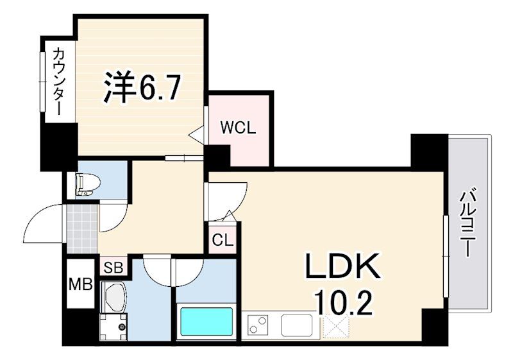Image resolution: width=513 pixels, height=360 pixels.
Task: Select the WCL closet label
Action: [238, 127]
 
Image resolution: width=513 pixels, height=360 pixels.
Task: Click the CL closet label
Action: [222, 241]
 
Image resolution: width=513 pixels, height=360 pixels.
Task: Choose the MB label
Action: [81, 282]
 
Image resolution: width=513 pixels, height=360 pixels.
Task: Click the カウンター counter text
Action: [58, 81]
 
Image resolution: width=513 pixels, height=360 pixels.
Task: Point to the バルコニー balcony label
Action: [467, 222]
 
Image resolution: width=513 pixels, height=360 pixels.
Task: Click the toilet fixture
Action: [86, 184]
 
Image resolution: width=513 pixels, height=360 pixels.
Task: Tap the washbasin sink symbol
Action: [114, 300]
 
